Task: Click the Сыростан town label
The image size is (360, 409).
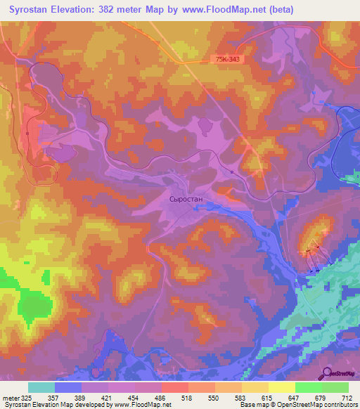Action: pyautogui.click(x=186, y=199)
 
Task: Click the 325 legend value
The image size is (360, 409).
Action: pyautogui.click(x=28, y=398)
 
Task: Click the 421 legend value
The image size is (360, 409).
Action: pyautogui.click(x=108, y=398)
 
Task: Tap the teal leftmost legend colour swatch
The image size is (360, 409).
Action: pyautogui.click(x=41, y=387)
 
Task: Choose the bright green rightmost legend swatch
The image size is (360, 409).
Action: pyautogui.click(x=335, y=387)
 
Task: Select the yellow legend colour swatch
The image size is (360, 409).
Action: pyautogui.click(x=282, y=387)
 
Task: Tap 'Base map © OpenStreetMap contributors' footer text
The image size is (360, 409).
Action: pyautogui.click(x=298, y=405)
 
